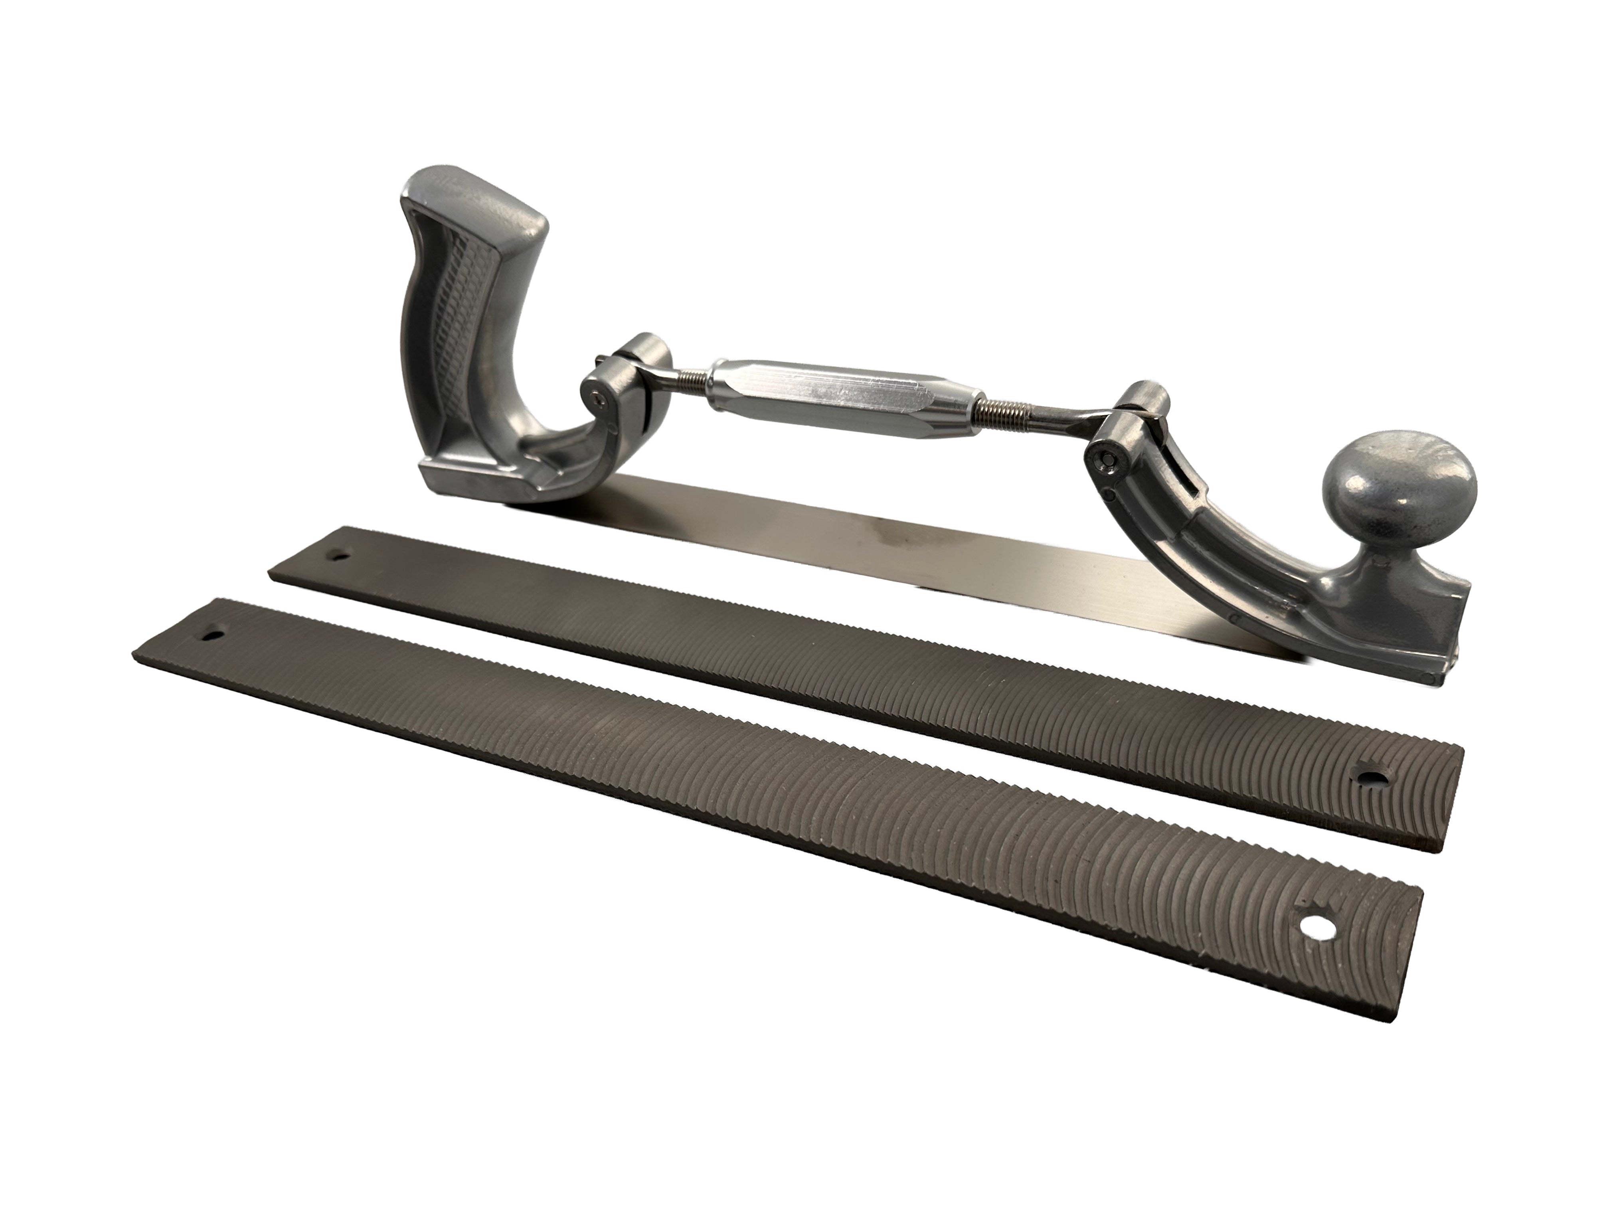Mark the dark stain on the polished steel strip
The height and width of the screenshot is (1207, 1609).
click(x=898, y=538)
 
